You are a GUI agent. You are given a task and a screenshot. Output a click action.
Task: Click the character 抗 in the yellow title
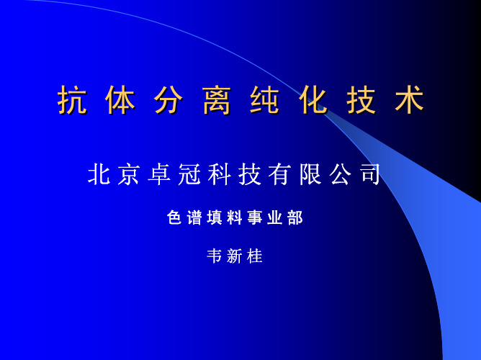72,99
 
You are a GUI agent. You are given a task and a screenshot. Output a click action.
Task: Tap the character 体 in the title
120,99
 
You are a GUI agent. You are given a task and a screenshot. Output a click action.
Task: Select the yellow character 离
217,99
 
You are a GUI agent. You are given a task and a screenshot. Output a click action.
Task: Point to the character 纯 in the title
265,99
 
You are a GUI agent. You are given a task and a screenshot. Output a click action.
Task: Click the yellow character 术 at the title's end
410,99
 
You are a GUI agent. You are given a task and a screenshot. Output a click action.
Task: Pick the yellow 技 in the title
361,99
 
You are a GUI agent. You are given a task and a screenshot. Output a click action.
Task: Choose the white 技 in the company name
250,174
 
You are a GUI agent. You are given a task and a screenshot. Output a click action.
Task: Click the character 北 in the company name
99,174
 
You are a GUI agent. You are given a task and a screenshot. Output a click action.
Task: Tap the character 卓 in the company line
159,174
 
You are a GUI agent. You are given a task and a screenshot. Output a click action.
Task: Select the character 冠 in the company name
189,174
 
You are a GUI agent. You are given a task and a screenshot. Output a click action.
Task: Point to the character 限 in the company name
310,174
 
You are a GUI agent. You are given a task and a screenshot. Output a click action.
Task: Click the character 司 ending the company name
370,174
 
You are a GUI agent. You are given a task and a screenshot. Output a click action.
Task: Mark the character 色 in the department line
174,217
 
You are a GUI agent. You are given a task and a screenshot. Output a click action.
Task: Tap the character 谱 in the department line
194,217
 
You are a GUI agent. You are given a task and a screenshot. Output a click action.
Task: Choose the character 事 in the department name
255,217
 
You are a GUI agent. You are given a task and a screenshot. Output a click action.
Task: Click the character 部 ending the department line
295,217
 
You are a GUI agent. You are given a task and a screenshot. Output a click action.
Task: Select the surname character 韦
215,256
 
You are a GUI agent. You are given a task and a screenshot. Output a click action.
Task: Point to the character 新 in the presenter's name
235,256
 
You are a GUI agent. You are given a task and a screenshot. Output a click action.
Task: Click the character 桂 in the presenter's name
255,256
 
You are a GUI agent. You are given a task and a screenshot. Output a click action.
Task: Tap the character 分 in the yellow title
168,99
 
